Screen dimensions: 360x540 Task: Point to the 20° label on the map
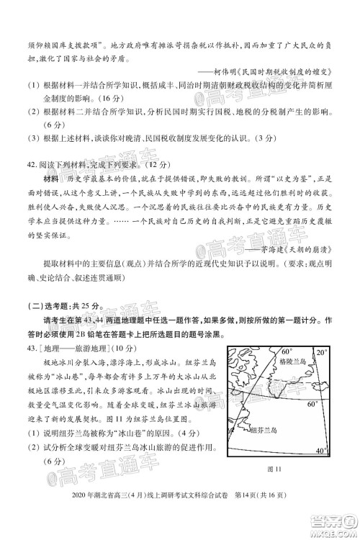point(321,353)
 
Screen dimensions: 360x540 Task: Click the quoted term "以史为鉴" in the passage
point(286,178)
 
